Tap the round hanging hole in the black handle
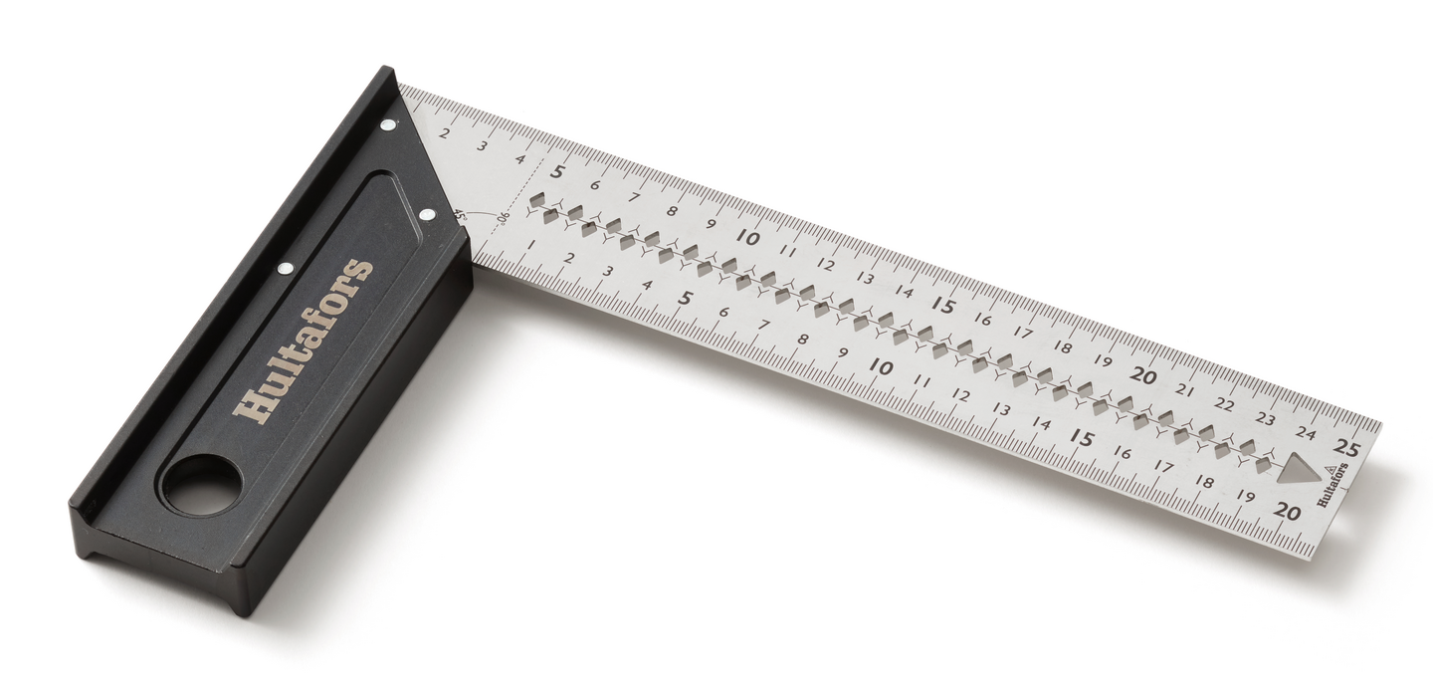click(202, 484)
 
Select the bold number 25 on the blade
click(1347, 447)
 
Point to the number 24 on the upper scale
click(1308, 434)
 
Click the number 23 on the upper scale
click(1266, 419)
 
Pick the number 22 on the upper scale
click(1224, 404)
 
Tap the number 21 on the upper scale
click(1185, 390)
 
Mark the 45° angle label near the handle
click(460, 216)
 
